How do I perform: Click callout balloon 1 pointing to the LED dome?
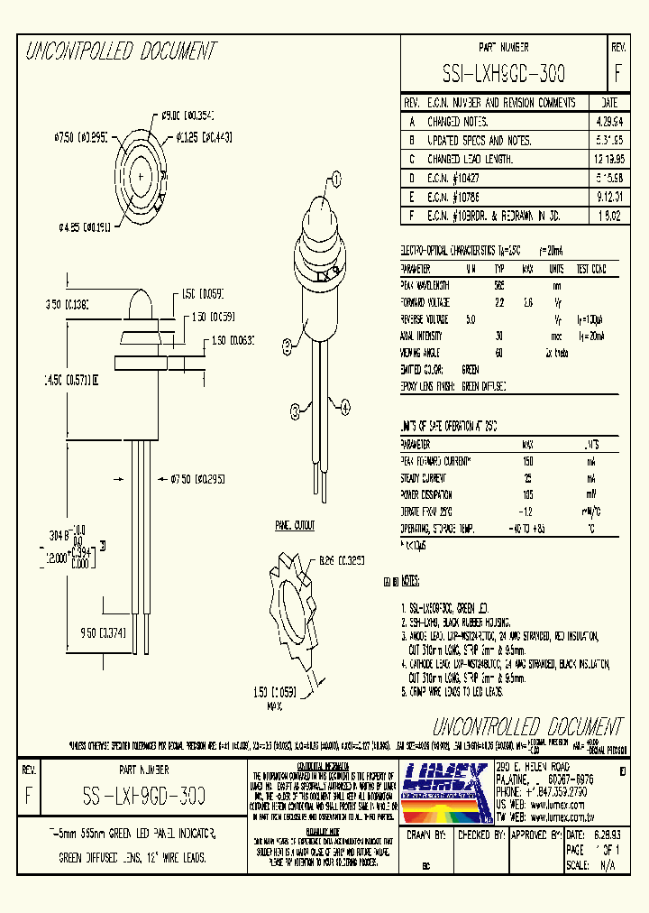pyautogui.click(x=337, y=180)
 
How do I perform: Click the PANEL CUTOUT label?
pyautogui.click(x=295, y=524)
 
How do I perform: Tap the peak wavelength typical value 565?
pyautogui.click(x=498, y=285)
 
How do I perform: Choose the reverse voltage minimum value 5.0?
pyautogui.click(x=470, y=319)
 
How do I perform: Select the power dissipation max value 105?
pyautogui.click(x=528, y=494)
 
